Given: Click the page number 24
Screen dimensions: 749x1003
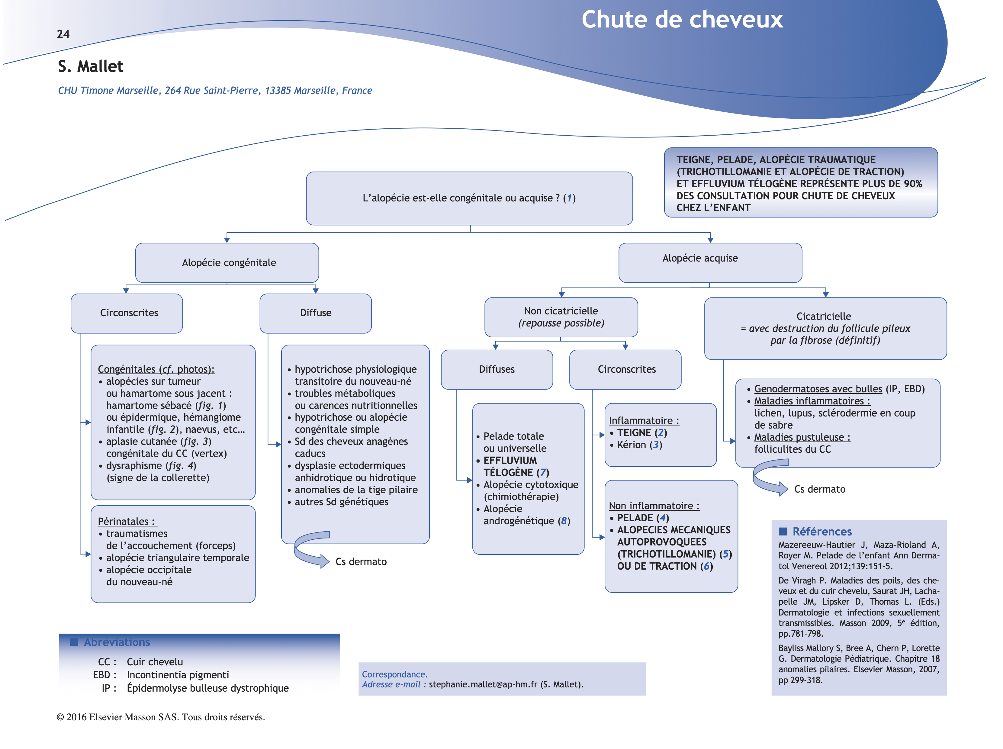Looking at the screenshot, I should (x=63, y=34).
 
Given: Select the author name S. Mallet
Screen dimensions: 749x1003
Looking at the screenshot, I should (x=90, y=67).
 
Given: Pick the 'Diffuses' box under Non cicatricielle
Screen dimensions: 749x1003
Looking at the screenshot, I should (x=497, y=369).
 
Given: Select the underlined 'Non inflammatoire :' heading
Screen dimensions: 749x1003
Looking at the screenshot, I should (x=654, y=506).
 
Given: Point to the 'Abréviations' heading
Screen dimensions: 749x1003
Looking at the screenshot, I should (x=117, y=642).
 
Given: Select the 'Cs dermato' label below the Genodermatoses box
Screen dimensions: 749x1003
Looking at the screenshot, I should (x=819, y=489).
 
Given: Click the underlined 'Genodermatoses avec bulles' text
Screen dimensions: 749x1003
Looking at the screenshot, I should (x=818, y=389).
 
